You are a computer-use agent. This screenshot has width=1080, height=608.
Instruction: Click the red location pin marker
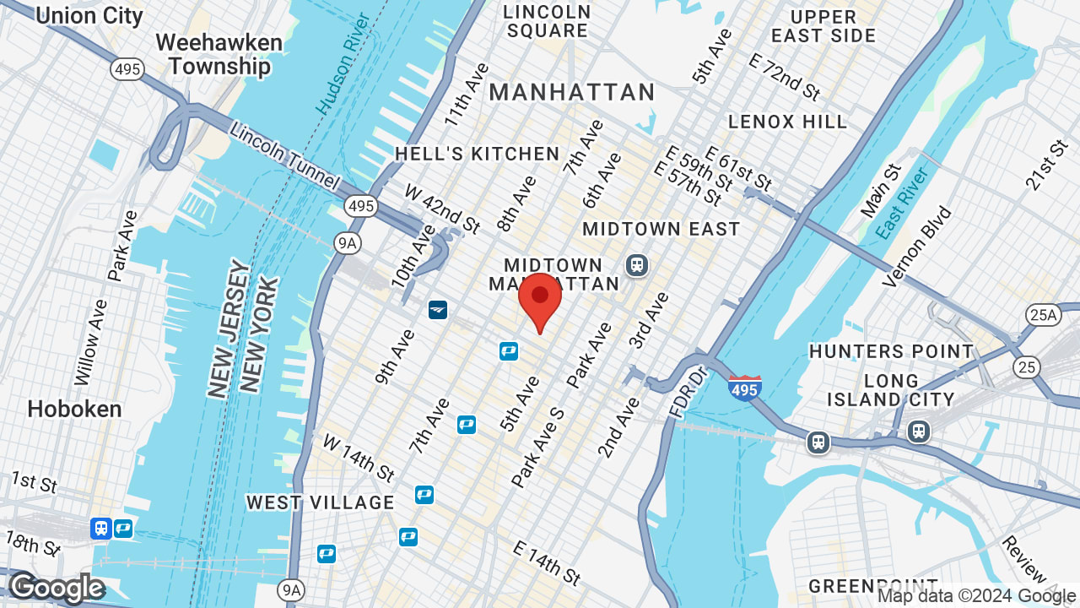coord(540,301)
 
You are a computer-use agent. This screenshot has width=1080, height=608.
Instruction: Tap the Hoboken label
coord(74,409)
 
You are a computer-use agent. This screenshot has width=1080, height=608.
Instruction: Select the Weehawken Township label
coord(213,54)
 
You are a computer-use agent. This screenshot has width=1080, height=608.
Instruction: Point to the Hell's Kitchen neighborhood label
coord(478,154)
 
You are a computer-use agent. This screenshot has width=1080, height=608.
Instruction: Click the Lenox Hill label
coord(787,122)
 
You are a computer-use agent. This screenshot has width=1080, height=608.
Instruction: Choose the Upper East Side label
coord(823,26)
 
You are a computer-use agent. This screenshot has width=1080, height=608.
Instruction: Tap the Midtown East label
coord(661,229)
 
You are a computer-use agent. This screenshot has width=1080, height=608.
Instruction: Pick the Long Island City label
coord(891,389)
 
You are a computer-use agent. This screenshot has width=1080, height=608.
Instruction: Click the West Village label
coord(321,502)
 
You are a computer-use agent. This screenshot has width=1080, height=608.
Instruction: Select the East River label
coord(902,204)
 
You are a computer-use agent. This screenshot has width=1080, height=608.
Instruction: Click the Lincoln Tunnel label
coord(283,156)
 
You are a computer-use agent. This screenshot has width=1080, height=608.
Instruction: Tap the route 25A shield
coord(1043,316)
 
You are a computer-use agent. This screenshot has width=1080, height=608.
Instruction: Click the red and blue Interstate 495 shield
coord(745,388)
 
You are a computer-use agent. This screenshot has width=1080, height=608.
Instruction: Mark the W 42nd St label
coord(442,209)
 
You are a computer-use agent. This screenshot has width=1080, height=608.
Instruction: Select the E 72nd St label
coord(785,77)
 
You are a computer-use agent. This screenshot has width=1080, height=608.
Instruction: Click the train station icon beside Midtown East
coord(636,265)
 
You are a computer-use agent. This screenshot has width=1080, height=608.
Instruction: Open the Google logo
coord(57,588)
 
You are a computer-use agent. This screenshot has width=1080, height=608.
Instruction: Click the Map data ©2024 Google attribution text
coord(976,596)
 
